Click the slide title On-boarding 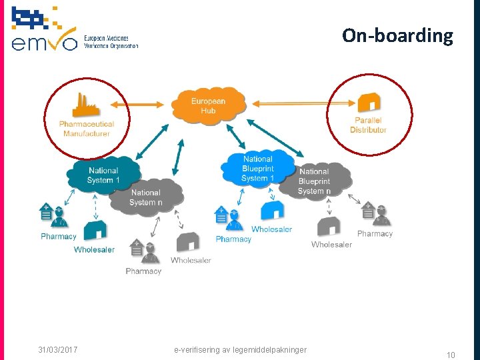pyautogui.click(x=397, y=35)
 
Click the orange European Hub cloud pyautogui.click(x=208, y=105)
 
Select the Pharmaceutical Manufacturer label pyautogui.click(x=87, y=129)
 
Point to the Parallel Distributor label pyautogui.click(x=368, y=125)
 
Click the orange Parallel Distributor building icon pyautogui.click(x=369, y=103)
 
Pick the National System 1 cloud pyautogui.click(x=103, y=175)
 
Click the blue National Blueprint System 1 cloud pyautogui.click(x=258, y=169)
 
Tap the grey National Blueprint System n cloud pyautogui.click(x=314, y=181)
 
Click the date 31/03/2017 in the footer pyautogui.click(x=58, y=349)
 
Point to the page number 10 pyautogui.click(x=451, y=355)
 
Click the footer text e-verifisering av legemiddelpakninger pyautogui.click(x=240, y=349)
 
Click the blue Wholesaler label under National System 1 pyautogui.click(x=94, y=250)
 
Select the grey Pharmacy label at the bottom pyautogui.click(x=143, y=271)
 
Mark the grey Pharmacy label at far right pyautogui.click(x=375, y=234)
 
